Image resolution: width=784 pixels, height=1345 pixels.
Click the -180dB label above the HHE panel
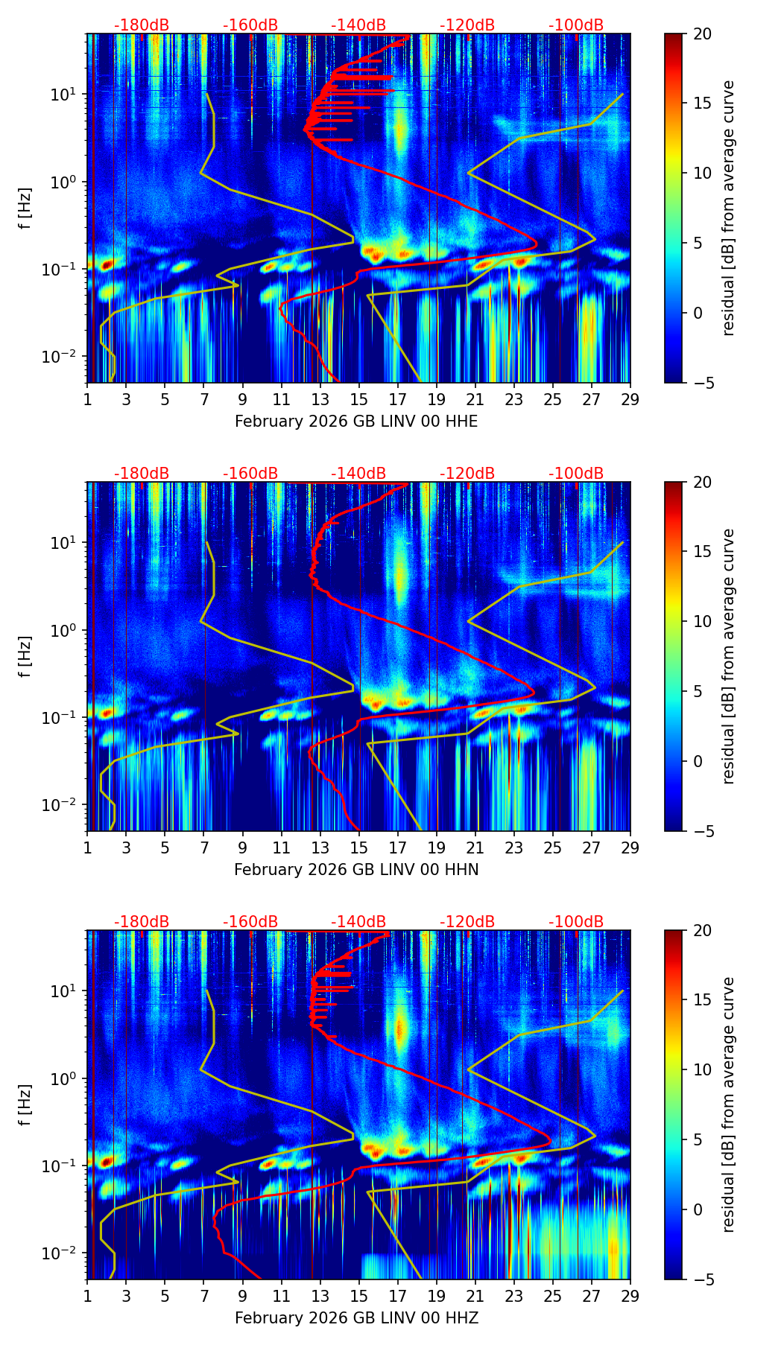(x=142, y=25)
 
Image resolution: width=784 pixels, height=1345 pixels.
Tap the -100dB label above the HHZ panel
(x=576, y=922)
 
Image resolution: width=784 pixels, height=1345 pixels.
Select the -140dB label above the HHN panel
(x=358, y=474)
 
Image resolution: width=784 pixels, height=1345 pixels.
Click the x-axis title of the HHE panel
(x=356, y=422)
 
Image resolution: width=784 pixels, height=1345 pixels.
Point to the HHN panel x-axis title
(x=356, y=870)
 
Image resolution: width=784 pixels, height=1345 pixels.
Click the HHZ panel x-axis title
(x=356, y=1318)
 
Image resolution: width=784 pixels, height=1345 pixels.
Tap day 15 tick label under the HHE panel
(x=358, y=399)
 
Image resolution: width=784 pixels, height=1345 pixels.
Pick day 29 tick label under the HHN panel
(x=630, y=848)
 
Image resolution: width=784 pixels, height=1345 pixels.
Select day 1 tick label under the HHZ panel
(x=87, y=1296)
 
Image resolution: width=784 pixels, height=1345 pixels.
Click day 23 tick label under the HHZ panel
(x=513, y=1296)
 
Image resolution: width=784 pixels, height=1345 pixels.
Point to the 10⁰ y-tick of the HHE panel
(x=66, y=182)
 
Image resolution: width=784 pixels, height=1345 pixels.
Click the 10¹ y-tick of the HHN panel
(x=66, y=543)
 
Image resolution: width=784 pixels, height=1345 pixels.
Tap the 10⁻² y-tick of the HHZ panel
(x=63, y=1253)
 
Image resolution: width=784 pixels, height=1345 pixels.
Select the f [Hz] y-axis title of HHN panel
(x=25, y=656)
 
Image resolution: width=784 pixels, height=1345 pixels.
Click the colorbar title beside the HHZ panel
(x=728, y=1104)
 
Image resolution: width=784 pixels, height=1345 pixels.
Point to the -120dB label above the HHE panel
(x=467, y=25)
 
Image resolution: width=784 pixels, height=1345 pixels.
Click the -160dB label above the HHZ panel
(x=250, y=922)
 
